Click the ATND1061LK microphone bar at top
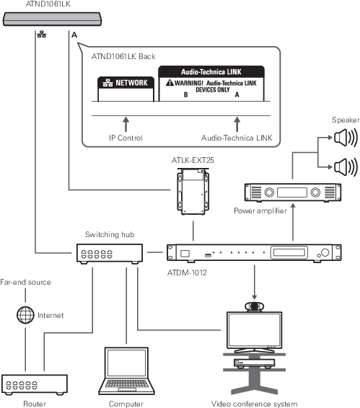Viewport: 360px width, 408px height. click(x=52, y=19)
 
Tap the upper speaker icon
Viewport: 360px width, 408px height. click(x=346, y=138)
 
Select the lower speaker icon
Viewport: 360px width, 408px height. click(x=346, y=167)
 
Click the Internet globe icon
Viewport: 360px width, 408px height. click(x=25, y=315)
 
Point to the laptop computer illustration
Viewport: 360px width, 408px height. click(x=126, y=371)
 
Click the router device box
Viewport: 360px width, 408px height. click(x=35, y=384)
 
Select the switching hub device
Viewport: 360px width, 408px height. click(x=110, y=254)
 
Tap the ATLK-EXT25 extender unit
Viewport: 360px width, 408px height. click(x=193, y=192)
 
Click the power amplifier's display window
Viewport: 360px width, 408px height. click(x=292, y=192)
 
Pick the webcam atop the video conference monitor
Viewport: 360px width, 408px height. click(x=254, y=306)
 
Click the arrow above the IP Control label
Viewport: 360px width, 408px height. click(x=126, y=124)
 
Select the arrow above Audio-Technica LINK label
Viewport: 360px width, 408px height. click(x=237, y=124)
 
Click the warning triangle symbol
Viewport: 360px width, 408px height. click(x=170, y=82)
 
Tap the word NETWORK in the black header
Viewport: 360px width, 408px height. click(x=131, y=83)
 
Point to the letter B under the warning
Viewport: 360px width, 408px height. click(x=185, y=94)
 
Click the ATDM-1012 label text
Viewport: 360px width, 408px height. click(x=187, y=272)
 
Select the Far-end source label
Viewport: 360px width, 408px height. click(x=25, y=282)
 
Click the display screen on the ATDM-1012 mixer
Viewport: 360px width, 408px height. click(x=289, y=252)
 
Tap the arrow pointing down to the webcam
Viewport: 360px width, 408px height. click(x=254, y=283)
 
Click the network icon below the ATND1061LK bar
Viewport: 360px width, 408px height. click(x=42, y=35)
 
